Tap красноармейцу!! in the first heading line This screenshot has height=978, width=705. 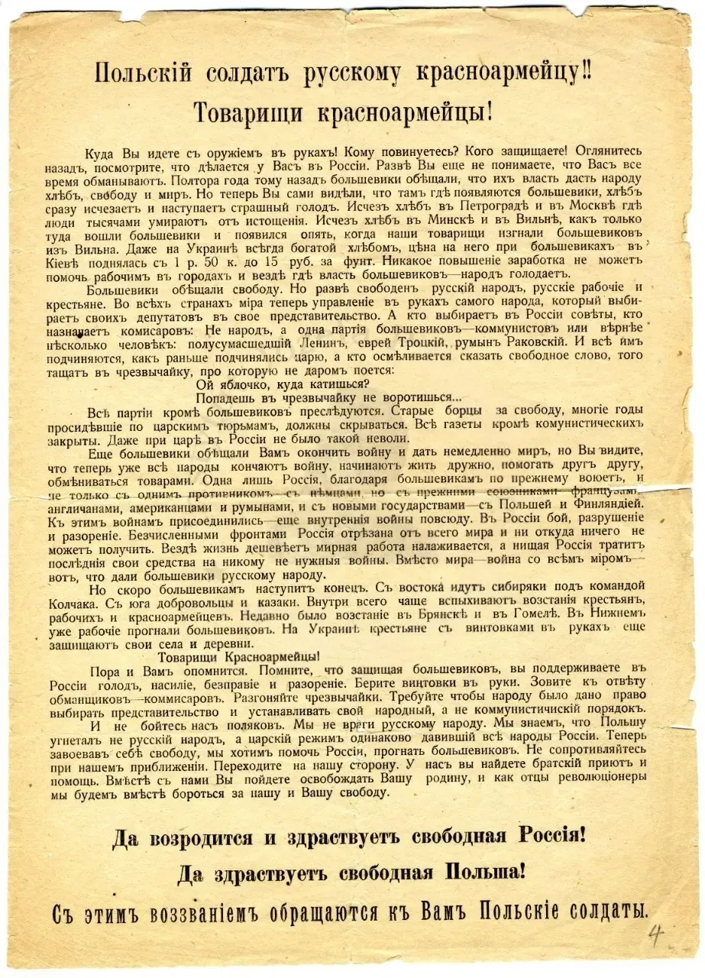pyautogui.click(x=524, y=74)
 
